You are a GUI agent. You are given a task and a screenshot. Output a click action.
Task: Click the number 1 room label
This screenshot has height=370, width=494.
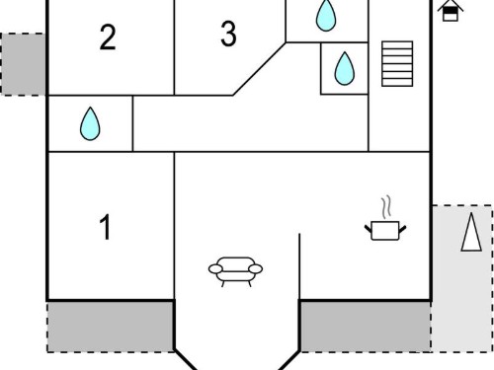coord(105,227)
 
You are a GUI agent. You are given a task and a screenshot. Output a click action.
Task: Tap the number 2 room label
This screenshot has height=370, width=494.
coord(108,37)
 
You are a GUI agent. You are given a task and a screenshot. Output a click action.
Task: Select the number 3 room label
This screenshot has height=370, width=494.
coord(228,33)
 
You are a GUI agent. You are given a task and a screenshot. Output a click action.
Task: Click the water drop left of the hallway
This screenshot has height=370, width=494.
coord(90,123)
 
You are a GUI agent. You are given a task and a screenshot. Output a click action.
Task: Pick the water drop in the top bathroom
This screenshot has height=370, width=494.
coord(326,15)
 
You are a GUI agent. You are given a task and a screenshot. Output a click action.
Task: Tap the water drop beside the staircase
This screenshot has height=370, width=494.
coord(345,68)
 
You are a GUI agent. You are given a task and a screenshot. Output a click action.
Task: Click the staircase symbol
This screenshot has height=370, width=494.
coord(397,64)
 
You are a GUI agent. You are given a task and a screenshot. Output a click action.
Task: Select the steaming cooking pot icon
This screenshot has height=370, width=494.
coord(385,218)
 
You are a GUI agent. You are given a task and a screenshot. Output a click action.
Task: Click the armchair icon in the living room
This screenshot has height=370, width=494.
coord(235,271)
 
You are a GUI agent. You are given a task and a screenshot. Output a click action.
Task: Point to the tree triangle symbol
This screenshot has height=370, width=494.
coord(471,232)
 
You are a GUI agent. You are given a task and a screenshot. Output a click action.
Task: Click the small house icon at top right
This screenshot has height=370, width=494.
coord(451,11)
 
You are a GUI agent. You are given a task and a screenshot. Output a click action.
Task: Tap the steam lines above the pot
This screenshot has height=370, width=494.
coord(386,207)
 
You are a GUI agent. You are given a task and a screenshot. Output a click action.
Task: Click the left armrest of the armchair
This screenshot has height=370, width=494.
coord(215,269)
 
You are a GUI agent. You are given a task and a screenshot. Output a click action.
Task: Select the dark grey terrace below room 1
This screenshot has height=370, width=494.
coord(111,327)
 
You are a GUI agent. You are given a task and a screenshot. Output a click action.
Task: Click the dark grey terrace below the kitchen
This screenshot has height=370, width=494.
coord(366,327)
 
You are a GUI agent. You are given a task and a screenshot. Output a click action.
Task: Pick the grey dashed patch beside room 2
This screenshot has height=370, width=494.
coord(23,64)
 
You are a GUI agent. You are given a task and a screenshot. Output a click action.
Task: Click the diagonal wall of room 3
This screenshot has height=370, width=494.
coord(260,69)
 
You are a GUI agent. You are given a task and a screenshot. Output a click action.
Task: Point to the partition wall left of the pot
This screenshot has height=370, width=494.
coord(299,266)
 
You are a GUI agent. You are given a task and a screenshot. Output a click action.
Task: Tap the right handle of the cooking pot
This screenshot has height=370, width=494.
coord(402,229)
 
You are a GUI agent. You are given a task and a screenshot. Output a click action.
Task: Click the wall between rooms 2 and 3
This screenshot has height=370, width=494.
coord(174,47)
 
